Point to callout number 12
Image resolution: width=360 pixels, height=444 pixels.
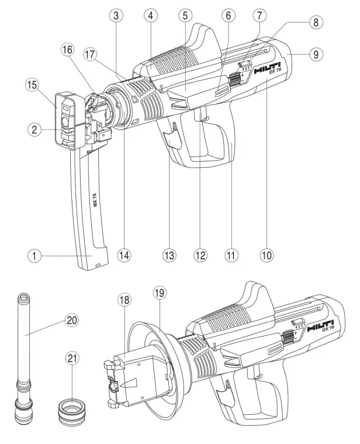[201, 255]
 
